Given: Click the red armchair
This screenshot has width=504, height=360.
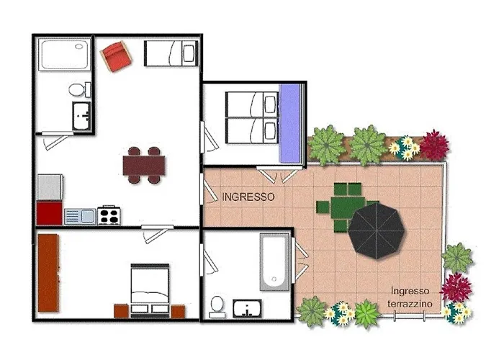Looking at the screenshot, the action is click(116, 57).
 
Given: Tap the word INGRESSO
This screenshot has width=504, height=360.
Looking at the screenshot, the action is click(248, 197).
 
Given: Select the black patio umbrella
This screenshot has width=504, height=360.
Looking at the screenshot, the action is click(377, 230).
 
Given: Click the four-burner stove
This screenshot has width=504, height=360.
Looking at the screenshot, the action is click(109, 215).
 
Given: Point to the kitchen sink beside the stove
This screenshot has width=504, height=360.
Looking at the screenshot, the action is click(80, 216).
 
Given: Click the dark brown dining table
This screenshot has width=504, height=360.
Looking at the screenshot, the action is click(144, 166).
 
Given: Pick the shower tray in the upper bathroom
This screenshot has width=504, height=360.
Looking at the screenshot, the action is click(65, 54).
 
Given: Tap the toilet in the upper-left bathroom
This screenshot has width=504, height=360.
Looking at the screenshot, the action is click(79, 90).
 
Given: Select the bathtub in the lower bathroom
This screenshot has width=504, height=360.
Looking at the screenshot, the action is click(274, 262).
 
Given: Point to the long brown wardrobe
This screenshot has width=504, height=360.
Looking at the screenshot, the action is click(48, 273).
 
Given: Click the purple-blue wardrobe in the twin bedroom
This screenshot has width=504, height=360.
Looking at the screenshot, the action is click(290, 124).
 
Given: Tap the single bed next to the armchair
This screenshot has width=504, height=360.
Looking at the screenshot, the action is click(171, 53).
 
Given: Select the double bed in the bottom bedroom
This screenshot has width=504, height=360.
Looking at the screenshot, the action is click(150, 290).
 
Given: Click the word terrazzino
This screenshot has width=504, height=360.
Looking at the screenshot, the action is click(410, 303).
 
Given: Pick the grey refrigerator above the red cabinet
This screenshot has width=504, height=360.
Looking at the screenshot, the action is click(50, 187).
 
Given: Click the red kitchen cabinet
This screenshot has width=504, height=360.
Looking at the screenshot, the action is click(49, 213).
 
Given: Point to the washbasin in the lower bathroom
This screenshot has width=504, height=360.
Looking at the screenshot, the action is click(247, 309).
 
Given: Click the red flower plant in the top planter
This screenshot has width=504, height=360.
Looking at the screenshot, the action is click(434, 145).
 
